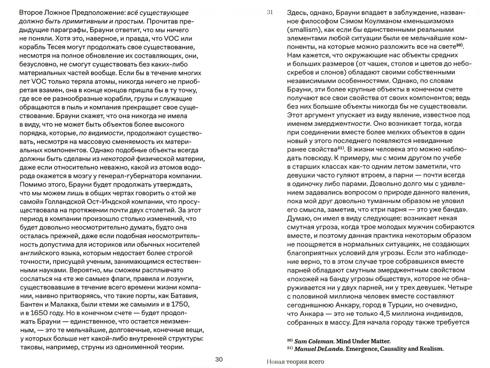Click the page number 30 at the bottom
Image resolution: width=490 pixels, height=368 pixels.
pyautogui.click(x=219, y=359)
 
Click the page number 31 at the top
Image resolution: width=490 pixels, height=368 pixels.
pyautogui.click(x=270, y=13)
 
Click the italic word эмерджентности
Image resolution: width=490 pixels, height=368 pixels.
pyautogui.click(x=342, y=124)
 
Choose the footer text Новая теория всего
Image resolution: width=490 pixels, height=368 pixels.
pyautogui.click(x=295, y=362)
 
